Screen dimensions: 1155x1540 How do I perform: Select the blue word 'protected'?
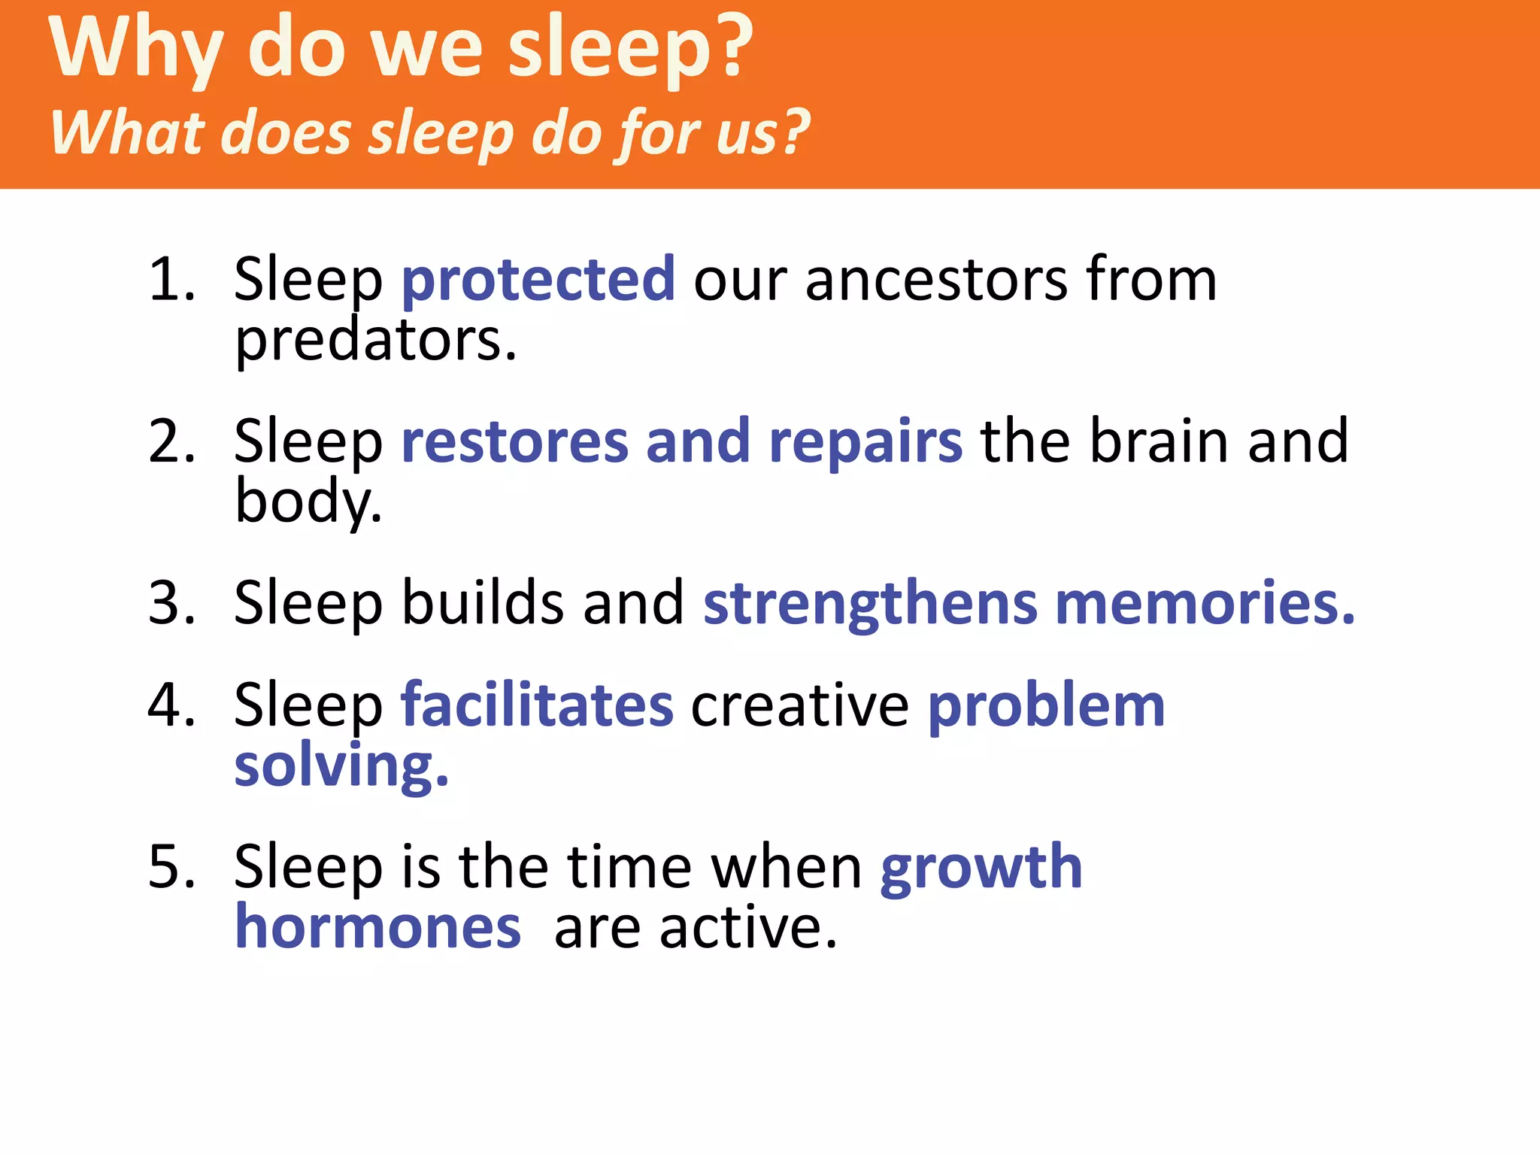point(538,280)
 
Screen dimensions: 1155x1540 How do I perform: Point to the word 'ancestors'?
point(936,280)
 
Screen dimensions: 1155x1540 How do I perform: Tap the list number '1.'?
point(171,280)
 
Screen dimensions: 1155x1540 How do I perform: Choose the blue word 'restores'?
point(515,442)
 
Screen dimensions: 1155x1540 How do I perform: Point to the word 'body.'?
point(308,502)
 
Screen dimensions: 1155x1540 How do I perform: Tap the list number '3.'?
point(171,603)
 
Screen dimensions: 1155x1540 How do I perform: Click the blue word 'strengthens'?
point(870,605)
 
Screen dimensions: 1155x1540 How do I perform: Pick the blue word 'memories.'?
point(1205,603)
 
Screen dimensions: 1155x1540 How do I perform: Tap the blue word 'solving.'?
point(341,767)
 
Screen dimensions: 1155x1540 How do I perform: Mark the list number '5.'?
point(171,867)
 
